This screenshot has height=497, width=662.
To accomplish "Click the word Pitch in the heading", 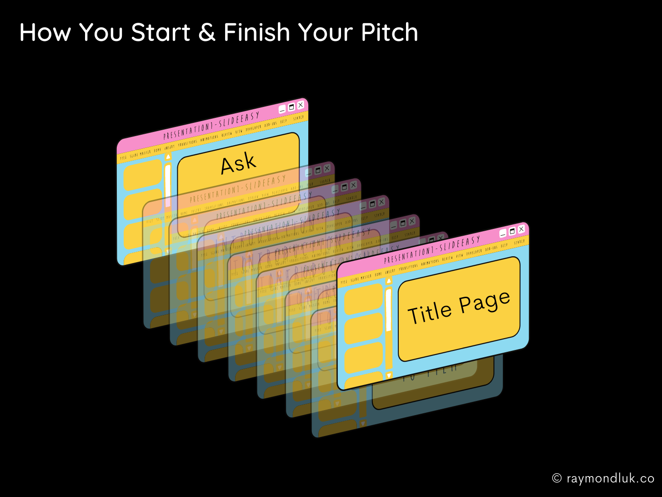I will (389, 33).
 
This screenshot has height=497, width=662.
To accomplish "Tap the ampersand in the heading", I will (207, 33).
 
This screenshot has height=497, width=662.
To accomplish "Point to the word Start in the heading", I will (160, 33).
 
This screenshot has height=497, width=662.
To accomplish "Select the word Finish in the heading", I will (257, 33).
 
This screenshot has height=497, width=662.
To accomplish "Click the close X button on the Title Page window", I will (521, 229).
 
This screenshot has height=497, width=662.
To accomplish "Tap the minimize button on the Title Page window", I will (503, 233).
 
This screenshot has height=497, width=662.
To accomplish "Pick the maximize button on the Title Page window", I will (512, 231).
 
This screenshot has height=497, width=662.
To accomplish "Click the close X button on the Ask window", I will (300, 105).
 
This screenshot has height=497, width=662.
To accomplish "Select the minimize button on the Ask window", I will (282, 109).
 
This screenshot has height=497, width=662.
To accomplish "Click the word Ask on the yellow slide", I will (238, 163).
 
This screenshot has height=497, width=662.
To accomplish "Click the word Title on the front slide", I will (430, 313).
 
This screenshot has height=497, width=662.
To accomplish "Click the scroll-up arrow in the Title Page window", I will (389, 281).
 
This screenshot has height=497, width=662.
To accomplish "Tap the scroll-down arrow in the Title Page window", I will (389, 375).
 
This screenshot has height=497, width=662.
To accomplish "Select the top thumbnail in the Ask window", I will (143, 174).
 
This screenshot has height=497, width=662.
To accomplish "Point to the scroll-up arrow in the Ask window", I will (168, 157).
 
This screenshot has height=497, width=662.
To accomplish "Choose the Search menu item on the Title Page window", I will (519, 242).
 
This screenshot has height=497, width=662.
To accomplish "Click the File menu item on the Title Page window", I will (344, 282).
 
